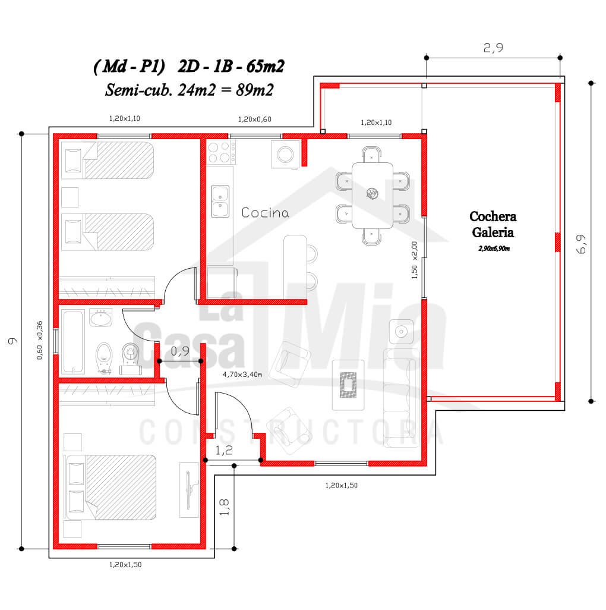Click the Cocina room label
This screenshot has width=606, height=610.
click(265, 212)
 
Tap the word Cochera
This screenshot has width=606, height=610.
click(493, 216)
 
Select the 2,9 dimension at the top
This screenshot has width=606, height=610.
click(493, 48)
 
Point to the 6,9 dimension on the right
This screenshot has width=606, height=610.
click(580, 244)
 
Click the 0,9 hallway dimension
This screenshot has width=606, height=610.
click(180, 351)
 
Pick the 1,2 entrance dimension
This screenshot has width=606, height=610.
click(224, 450)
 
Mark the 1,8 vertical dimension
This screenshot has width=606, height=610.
click(225, 507)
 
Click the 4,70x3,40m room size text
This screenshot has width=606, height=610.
click(242, 374)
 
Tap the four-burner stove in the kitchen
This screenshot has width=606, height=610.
click(221, 152)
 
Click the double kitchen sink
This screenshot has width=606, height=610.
click(220, 201)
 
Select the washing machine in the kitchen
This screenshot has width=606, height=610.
click(286, 154)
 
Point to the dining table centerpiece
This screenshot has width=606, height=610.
click(372, 193)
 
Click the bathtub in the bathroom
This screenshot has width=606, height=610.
click(72, 341)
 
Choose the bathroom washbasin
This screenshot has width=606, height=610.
click(100, 317)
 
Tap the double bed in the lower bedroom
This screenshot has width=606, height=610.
click(111, 488)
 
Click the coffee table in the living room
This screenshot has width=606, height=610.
click(348, 385)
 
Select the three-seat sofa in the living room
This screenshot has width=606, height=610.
click(402, 398)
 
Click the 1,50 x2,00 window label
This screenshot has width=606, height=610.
click(414, 260)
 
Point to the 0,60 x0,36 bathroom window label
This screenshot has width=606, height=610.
click(39, 340)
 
